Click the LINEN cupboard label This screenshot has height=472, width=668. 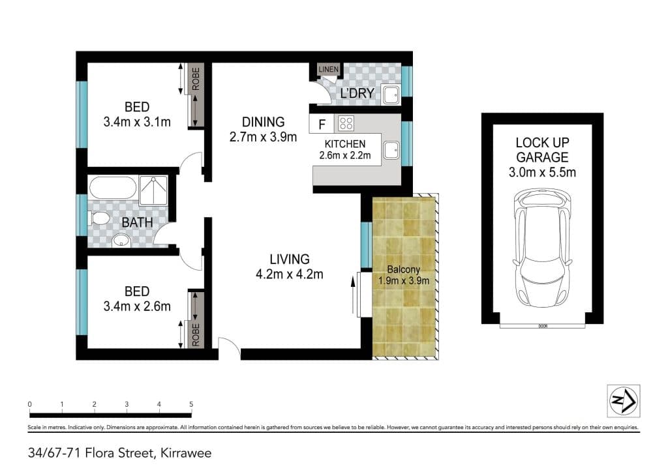pyautogui.click(x=329, y=69)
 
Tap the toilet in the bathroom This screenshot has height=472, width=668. pyautogui.click(x=99, y=218)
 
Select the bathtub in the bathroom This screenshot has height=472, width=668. pyautogui.click(x=113, y=187)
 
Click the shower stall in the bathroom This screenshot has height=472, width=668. pyautogui.click(x=153, y=190)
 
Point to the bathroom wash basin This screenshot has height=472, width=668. pyautogui.click(x=121, y=241)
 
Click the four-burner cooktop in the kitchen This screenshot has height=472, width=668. pyautogui.click(x=346, y=123)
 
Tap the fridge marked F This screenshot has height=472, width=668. pyautogui.click(x=322, y=124)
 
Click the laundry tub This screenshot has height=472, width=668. pyautogui.click(x=391, y=95)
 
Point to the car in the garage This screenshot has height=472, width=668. pyautogui.click(x=542, y=248)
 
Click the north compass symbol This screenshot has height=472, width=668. pyautogui.click(x=623, y=400)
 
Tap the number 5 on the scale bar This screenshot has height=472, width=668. pyautogui.click(x=191, y=404)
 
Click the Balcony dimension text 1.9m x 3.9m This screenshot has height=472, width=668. pyautogui.click(x=404, y=281)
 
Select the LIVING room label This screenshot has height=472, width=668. pyautogui.click(x=290, y=259)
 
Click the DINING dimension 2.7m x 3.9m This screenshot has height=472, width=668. pyautogui.click(x=264, y=137)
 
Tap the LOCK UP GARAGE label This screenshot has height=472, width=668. pyautogui.click(x=542, y=150)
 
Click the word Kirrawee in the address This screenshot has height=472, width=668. pyautogui.click(x=186, y=453)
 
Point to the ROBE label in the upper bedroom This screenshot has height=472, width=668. pyautogui.click(x=196, y=79)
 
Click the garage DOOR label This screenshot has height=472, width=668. pyautogui.click(x=543, y=326)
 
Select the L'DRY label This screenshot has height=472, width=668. pyautogui.click(x=357, y=93)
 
